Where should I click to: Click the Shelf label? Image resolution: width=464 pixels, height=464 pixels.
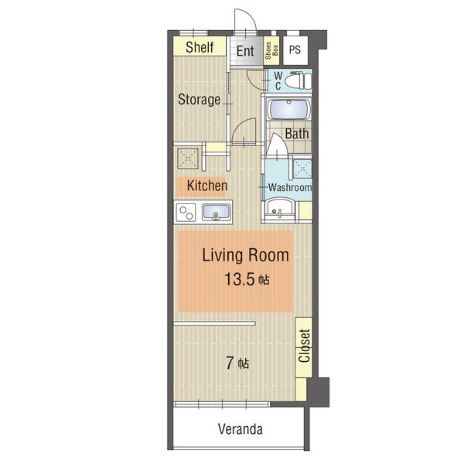[x=200, y=47]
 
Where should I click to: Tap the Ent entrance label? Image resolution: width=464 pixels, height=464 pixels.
[x=245, y=51]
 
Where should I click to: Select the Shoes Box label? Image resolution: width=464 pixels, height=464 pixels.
[x=271, y=50]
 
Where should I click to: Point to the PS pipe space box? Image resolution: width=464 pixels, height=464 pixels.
[x=295, y=49]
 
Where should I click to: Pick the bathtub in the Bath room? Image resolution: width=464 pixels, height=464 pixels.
[x=288, y=110]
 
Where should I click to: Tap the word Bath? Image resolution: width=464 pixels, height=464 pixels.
[x=297, y=134]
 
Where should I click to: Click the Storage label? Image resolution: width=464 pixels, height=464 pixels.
[x=200, y=100]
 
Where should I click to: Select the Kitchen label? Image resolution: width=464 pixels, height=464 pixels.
[x=207, y=186]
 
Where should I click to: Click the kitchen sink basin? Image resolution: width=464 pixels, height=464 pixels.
[x=216, y=212]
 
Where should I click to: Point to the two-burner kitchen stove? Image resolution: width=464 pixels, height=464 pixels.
[x=186, y=213]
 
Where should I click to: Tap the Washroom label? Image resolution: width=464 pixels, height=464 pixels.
[x=290, y=187]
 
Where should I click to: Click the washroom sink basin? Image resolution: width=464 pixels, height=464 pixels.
[x=280, y=209]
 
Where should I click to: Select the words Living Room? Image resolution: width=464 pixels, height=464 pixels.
[x=246, y=255]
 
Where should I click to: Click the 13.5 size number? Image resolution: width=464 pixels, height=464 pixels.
[x=240, y=279]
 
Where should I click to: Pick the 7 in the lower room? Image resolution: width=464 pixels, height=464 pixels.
[x=230, y=363]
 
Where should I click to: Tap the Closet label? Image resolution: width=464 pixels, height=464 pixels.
[x=304, y=346]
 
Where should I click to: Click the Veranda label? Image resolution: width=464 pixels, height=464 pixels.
[x=241, y=428]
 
